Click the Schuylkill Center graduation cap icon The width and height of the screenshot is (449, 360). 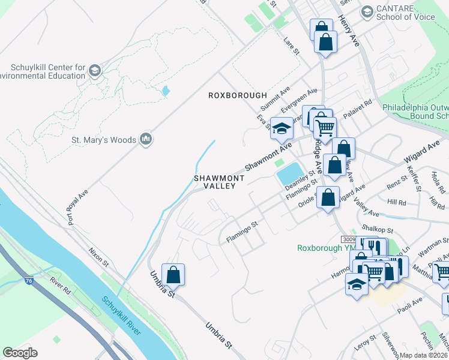click(94, 71)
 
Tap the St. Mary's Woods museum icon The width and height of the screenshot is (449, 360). click(145, 140)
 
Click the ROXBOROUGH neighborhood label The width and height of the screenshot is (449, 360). click(237, 95)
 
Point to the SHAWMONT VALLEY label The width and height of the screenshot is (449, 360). click(219, 182)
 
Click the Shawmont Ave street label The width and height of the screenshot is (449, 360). click(267, 155)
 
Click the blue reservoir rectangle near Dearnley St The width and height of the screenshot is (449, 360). click(290, 173)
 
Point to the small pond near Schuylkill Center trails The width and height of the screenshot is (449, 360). click(165, 91)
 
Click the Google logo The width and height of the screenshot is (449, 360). click(20, 353)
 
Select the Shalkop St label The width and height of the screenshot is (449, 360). click(378, 230)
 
